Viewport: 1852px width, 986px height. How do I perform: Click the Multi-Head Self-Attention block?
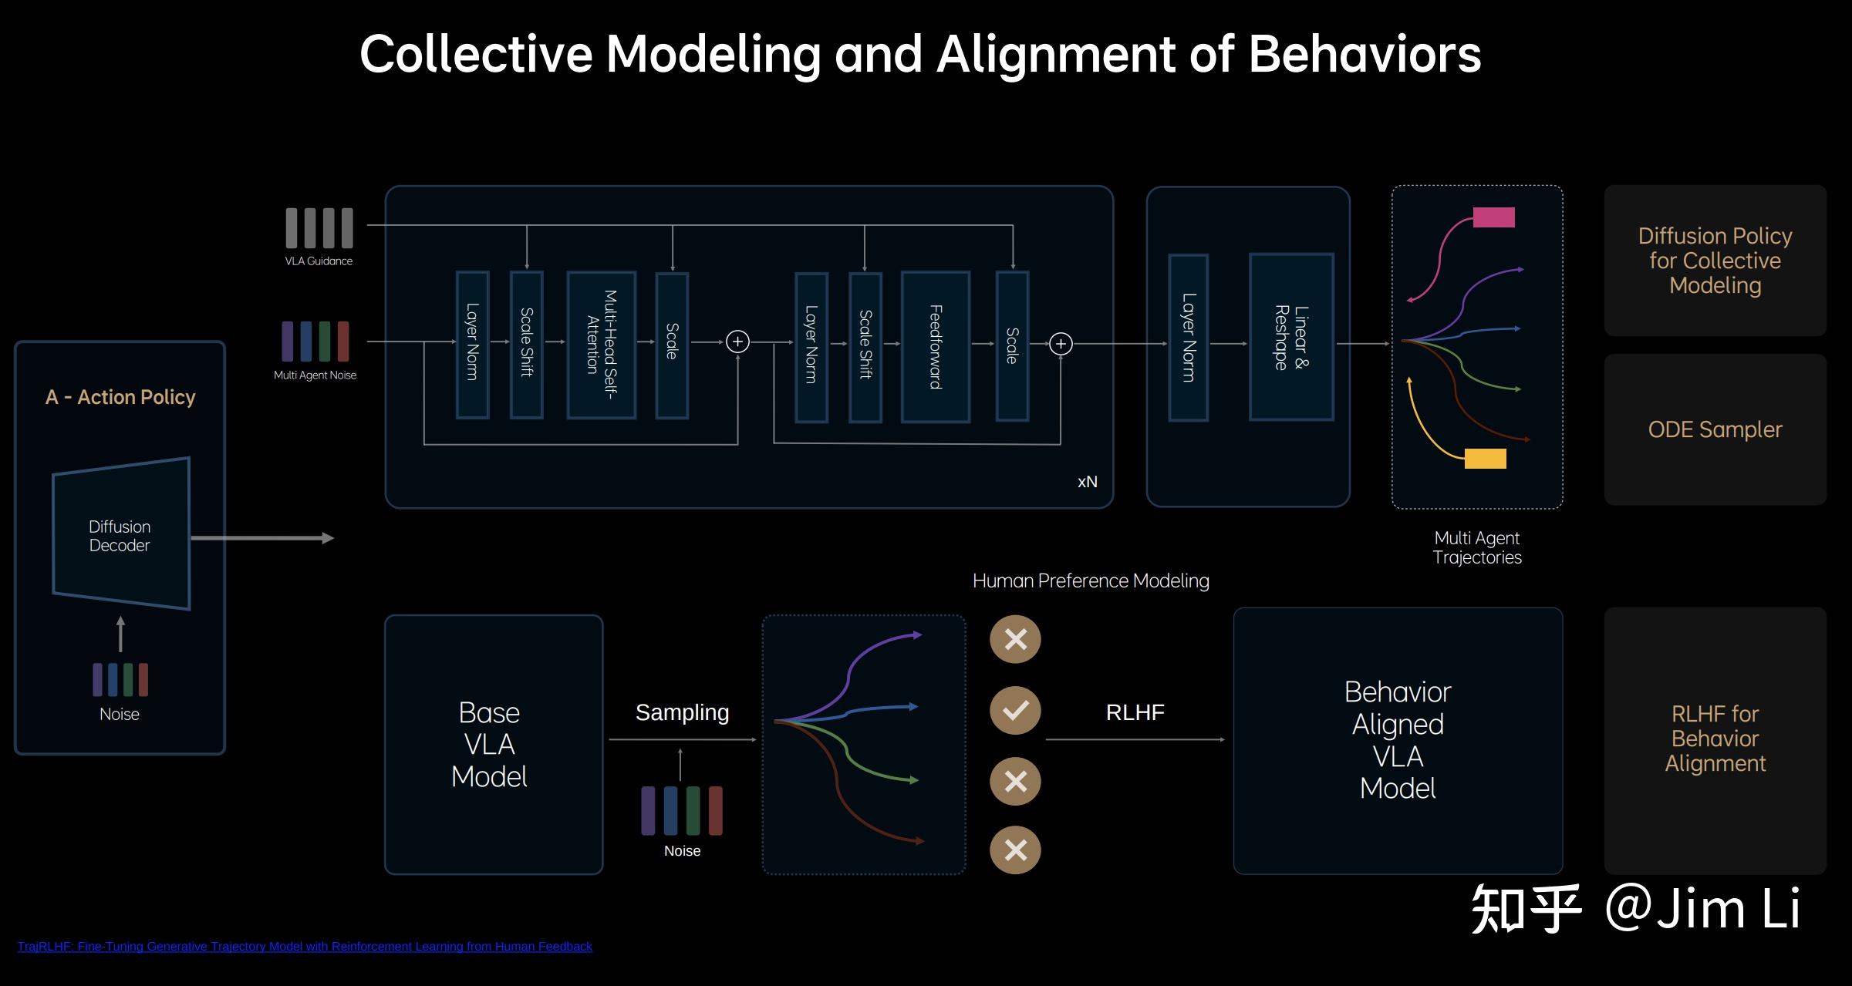click(602, 345)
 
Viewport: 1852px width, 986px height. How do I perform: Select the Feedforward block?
click(936, 346)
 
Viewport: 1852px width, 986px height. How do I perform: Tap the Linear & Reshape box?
click(1291, 337)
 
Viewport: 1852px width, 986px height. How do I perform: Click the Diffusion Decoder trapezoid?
click(121, 533)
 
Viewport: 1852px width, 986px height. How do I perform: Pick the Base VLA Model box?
click(494, 744)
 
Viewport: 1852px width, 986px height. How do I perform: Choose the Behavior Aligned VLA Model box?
click(1398, 740)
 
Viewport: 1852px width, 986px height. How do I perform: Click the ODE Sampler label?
click(1715, 429)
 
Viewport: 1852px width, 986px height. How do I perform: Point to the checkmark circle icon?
click(1015, 710)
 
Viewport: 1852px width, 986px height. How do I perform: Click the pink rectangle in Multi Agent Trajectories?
click(1493, 217)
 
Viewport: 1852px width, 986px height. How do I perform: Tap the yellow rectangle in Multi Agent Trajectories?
click(1485, 459)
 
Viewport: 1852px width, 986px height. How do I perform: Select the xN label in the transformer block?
click(1087, 482)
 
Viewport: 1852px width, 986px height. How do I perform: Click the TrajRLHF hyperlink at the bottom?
click(305, 946)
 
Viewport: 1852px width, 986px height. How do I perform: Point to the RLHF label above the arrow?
click(1135, 712)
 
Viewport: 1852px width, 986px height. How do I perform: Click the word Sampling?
click(682, 713)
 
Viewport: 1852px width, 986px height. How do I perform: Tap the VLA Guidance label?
click(319, 261)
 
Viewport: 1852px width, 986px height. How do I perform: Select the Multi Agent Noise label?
click(315, 375)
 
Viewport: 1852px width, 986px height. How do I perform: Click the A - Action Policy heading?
click(120, 397)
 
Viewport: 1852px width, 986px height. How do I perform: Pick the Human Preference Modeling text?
click(1091, 580)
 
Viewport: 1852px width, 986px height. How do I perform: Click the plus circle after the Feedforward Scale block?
click(1061, 344)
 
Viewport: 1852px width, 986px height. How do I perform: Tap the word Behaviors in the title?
click(1365, 54)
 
